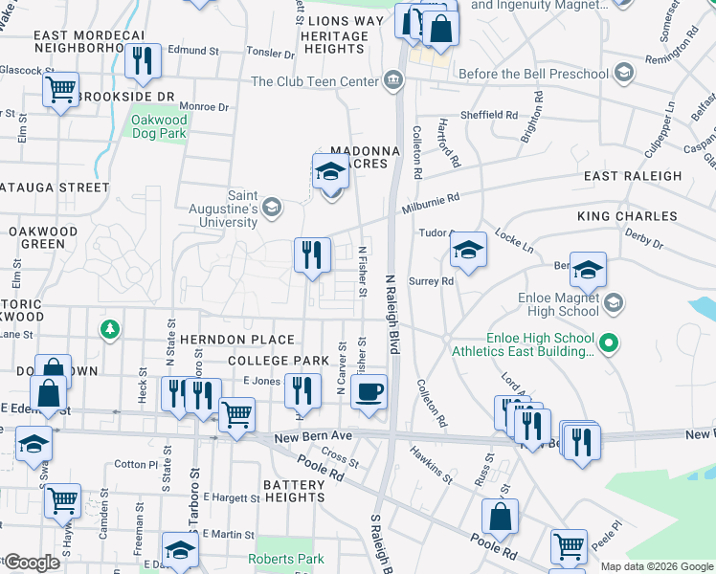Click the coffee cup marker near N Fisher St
coord(369,391)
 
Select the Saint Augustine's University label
coord(242,210)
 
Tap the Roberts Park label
coord(286,560)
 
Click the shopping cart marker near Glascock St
coord(61,90)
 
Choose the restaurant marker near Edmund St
coord(143,61)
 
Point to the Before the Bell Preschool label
coord(533,74)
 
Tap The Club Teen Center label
coord(315,82)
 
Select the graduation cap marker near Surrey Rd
coord(468,251)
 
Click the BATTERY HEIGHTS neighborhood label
coord(295,491)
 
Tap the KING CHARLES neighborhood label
coord(627,217)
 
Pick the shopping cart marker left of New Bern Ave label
coord(236,414)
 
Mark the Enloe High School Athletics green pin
coord(606,342)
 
